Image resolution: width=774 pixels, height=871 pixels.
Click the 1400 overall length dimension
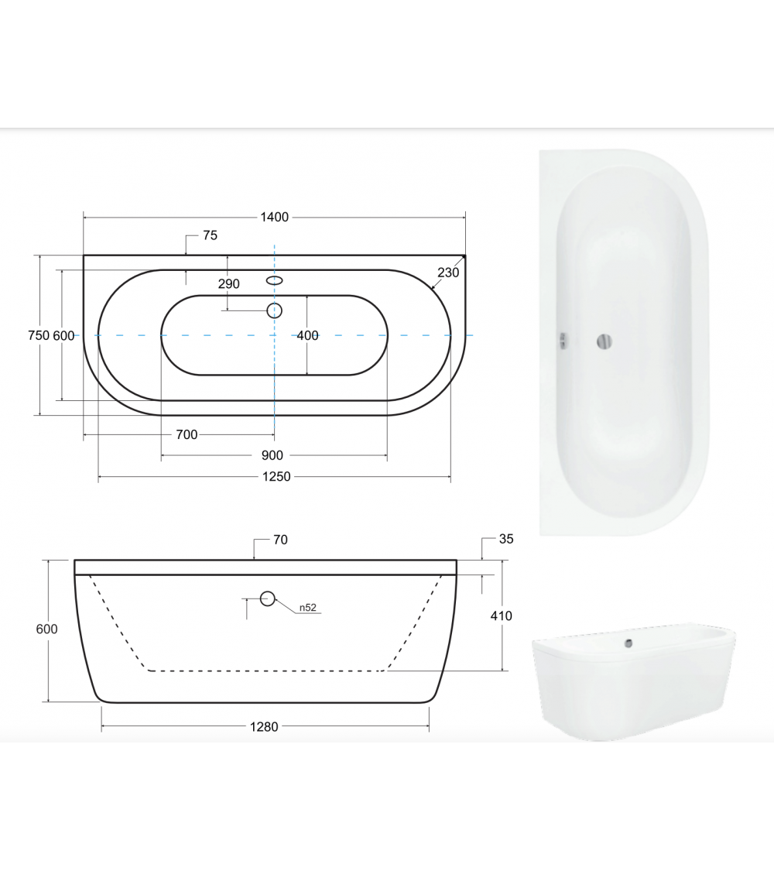point(274,218)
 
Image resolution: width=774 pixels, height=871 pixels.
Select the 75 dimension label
point(210,235)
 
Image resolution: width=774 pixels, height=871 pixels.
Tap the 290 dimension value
point(229,284)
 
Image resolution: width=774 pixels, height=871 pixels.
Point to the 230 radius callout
point(448,273)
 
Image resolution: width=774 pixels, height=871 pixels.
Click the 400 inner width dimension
point(307,335)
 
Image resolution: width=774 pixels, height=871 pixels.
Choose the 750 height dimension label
point(39,335)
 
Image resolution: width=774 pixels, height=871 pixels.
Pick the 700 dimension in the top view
point(187,435)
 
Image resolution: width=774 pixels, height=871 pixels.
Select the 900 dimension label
point(272,455)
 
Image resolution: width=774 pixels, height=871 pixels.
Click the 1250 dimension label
point(276,477)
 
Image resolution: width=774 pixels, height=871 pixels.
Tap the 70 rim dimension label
point(280,540)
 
